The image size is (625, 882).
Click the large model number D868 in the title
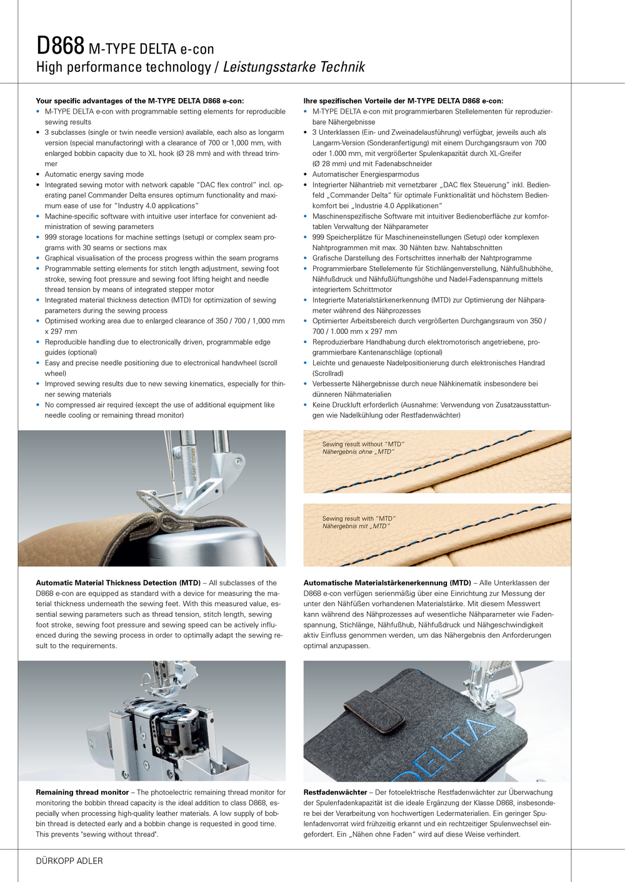(x=60, y=46)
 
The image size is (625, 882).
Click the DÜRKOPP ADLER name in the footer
(x=69, y=861)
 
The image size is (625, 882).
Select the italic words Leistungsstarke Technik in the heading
(x=294, y=67)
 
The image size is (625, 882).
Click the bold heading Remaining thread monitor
(x=82, y=792)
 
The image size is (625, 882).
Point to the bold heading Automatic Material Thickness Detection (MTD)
(x=118, y=583)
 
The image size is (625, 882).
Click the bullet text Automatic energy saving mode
(x=94, y=174)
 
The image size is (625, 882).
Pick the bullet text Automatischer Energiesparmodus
(x=366, y=174)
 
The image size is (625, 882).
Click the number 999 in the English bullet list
(x=51, y=237)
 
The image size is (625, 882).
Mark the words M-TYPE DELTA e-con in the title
(x=151, y=49)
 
